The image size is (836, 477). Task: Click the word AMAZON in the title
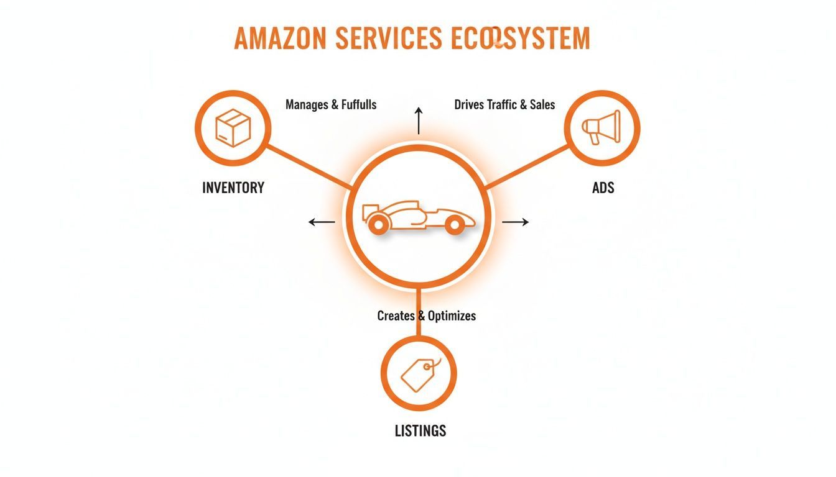click(x=279, y=39)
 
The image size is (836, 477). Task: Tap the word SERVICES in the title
click(x=379, y=39)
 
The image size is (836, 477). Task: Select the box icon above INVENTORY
click(x=233, y=128)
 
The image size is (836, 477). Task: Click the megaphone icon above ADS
click(x=601, y=128)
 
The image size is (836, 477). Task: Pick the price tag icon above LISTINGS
click(x=419, y=373)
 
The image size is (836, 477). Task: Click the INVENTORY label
click(x=233, y=188)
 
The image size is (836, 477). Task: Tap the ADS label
click(x=603, y=188)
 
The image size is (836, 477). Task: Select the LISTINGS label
click(x=420, y=430)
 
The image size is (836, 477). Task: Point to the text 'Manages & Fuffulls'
click(x=331, y=104)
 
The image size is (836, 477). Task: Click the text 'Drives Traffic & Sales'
click(x=504, y=104)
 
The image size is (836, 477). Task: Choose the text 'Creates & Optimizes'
click(x=426, y=316)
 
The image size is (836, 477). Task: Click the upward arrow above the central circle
click(x=419, y=120)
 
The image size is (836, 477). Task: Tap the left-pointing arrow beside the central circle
click(x=322, y=222)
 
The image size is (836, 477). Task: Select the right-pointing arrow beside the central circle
click(x=515, y=222)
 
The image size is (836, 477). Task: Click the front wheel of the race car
click(x=455, y=224)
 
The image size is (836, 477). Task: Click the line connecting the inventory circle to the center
click(x=307, y=166)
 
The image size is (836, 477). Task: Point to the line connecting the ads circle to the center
click(x=527, y=166)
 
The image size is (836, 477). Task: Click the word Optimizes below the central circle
click(x=452, y=316)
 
